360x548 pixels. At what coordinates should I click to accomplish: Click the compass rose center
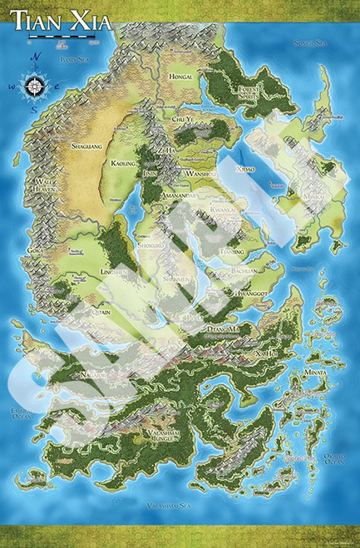click(36, 84)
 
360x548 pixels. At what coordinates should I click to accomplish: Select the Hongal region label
click(180, 77)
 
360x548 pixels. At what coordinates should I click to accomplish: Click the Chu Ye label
click(183, 121)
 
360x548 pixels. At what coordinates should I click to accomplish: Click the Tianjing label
click(230, 251)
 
